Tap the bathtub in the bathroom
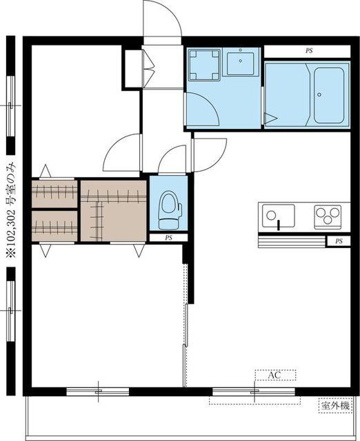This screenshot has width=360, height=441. tap(329, 95)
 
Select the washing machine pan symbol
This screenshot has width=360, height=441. tap(204, 65)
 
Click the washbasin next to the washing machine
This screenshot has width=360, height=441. tap(241, 62)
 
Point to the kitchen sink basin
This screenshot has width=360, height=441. tap(279, 216)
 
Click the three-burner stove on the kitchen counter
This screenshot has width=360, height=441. tap(328, 216)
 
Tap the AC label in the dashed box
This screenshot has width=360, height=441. tap(274, 375)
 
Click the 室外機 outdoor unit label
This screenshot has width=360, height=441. tap(335, 406)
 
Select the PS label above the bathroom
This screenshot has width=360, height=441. tap(309, 51)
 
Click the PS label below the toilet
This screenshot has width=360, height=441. tap(168, 238)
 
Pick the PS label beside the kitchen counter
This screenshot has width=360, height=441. tap(339, 241)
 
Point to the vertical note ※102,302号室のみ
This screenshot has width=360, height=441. tap(11, 210)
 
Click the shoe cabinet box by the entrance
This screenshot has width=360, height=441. tap(133, 69)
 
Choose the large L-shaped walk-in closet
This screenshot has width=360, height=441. tap(113, 211)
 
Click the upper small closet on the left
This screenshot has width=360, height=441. tap(54, 194)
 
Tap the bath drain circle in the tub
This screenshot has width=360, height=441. tap(319, 95)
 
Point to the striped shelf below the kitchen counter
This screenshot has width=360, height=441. tap(292, 242)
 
